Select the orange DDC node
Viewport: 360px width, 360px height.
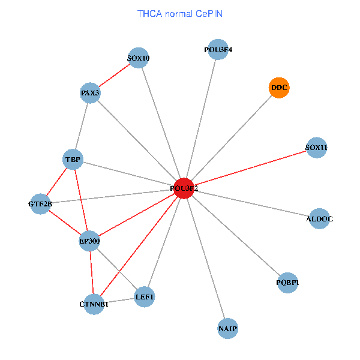[x=279, y=88]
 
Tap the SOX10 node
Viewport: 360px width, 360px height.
[x=139, y=58]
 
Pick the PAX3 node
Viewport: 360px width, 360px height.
[x=90, y=93]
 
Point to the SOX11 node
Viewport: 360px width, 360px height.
[x=316, y=148]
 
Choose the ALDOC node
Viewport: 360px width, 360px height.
[x=319, y=219]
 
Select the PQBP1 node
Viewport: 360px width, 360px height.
[x=288, y=283]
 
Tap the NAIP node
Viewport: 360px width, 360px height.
[x=228, y=329]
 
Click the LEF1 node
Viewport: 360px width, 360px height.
[x=145, y=296]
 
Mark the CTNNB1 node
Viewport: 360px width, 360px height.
[x=94, y=304]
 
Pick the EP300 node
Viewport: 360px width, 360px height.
[x=90, y=241]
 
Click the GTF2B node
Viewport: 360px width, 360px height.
[x=40, y=204]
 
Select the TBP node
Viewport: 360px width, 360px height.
[x=73, y=160]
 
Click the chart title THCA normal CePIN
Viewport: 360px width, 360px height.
[x=180, y=13]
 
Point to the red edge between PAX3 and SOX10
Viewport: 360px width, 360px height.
[x=114, y=76]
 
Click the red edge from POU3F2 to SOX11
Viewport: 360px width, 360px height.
[x=250, y=168]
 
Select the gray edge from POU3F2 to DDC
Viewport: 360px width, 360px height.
[x=231, y=139]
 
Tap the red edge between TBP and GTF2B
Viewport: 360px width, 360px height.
[x=56, y=182]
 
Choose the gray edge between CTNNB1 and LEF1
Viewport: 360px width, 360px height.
[x=119, y=300]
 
